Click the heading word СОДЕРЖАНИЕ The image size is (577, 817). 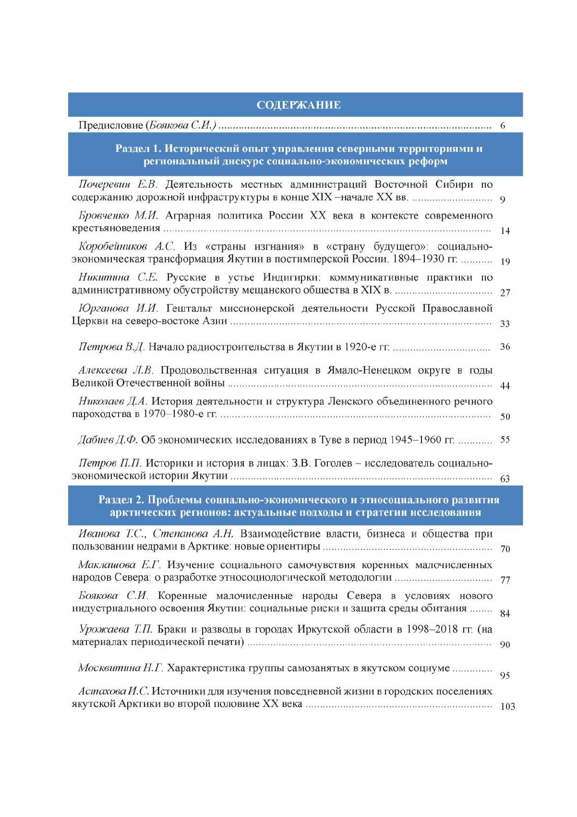point(299,105)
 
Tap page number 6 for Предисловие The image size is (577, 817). point(503,126)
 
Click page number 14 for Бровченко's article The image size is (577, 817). point(505,231)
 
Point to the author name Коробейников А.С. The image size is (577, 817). point(127,246)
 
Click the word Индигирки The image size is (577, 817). point(286,278)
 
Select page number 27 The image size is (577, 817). point(505,293)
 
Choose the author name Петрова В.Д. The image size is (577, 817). point(111,347)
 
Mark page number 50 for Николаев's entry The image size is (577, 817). point(505,416)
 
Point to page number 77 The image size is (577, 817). point(505,580)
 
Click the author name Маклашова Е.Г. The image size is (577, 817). point(120,565)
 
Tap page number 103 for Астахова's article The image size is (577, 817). point(507,707)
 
